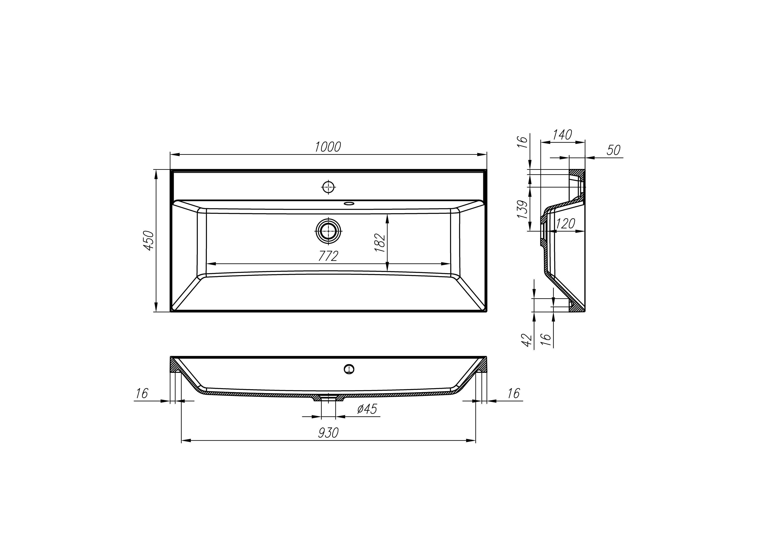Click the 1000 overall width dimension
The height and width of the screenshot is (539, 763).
[328, 147]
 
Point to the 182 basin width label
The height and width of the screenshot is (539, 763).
[380, 243]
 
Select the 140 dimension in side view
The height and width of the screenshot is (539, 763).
[562, 135]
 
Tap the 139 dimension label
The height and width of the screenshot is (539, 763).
[523, 209]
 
